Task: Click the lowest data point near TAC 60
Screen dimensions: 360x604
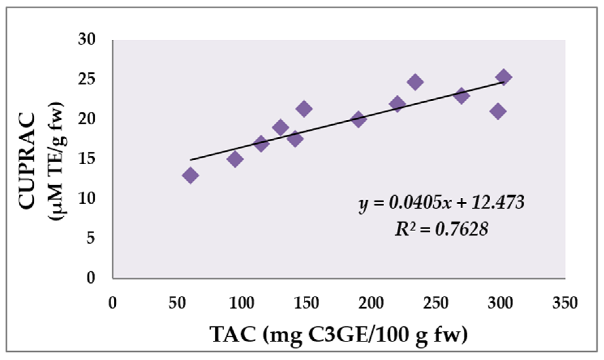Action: pos(190,175)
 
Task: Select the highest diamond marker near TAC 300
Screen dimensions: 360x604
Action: pos(504,77)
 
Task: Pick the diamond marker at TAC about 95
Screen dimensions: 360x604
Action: pos(235,159)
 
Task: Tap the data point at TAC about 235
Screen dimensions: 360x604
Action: pos(415,82)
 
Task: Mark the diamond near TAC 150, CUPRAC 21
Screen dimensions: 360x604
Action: pos(304,109)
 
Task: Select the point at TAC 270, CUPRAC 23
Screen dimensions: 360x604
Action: pos(461,95)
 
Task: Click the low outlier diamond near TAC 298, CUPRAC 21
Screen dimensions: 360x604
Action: pos(498,111)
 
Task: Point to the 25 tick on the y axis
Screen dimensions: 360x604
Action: pos(87,79)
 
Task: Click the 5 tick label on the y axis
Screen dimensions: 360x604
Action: pos(91,238)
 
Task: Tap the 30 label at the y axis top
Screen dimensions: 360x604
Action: pos(87,39)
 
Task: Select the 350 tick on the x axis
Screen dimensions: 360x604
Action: pos(565,303)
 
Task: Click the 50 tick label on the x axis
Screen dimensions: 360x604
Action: pos(177,303)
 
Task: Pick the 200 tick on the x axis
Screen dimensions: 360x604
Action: pos(371,303)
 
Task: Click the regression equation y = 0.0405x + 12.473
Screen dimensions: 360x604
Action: pos(441,203)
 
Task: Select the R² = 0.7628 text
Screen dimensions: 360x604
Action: pos(441,229)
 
